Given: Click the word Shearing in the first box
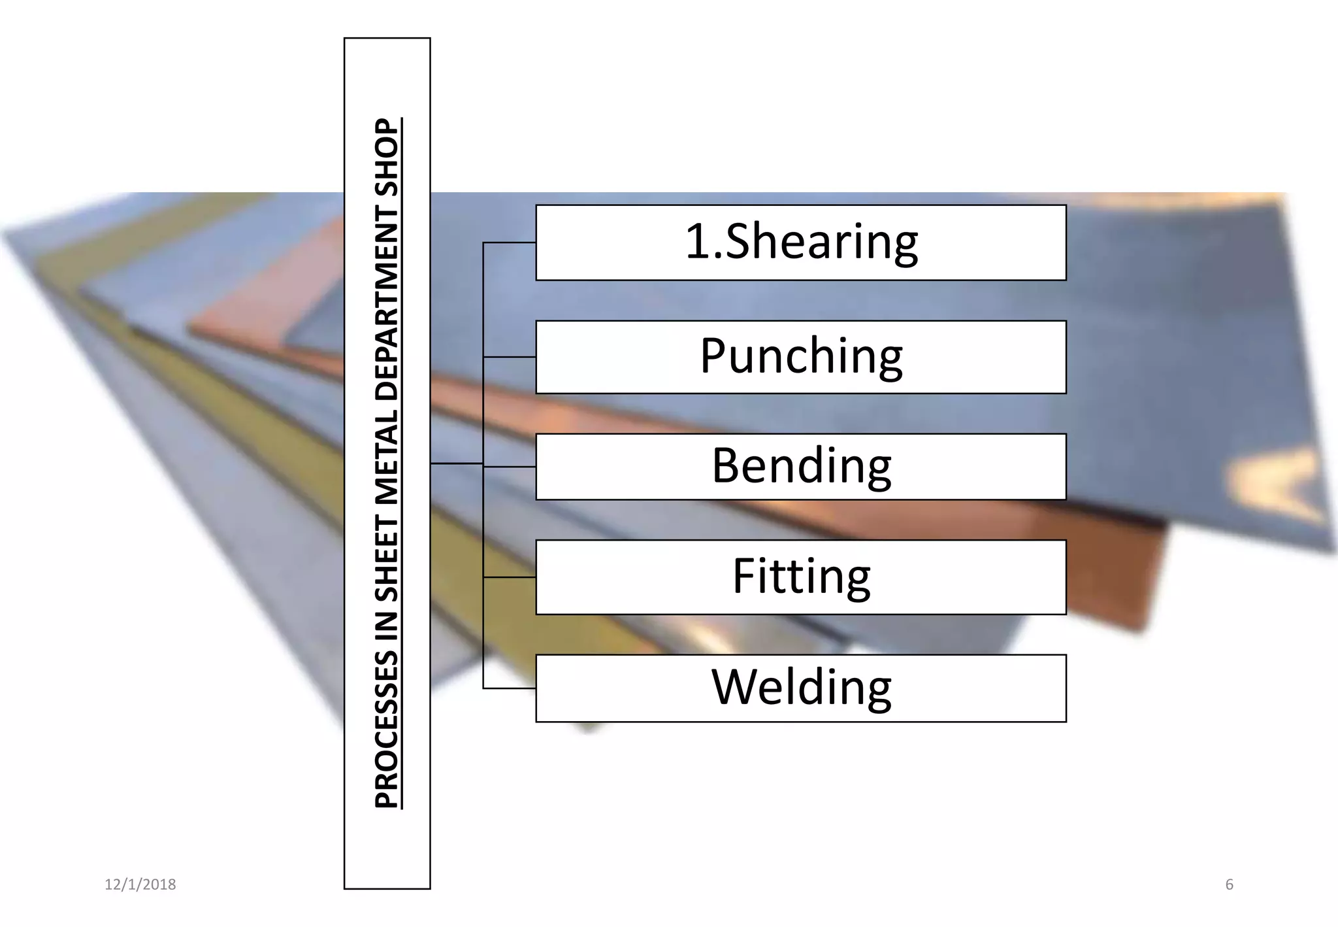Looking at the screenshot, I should point(821,242).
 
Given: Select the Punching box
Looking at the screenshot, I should point(800,357).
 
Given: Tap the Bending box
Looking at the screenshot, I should point(800,467).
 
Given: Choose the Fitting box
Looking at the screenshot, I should point(800,577).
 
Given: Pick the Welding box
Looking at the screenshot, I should point(800,688).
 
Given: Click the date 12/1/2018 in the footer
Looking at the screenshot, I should point(140,885).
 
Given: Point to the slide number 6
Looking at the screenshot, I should point(1229,885).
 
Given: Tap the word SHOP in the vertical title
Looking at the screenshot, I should point(387,157).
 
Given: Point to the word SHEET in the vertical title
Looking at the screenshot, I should point(387,560).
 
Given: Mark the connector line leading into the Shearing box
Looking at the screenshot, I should point(510,243).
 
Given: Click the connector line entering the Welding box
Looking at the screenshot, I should point(510,688).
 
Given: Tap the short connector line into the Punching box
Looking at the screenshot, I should point(510,357).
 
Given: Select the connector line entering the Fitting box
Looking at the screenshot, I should point(510,577).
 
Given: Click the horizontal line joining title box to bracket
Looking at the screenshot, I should point(457,463).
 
